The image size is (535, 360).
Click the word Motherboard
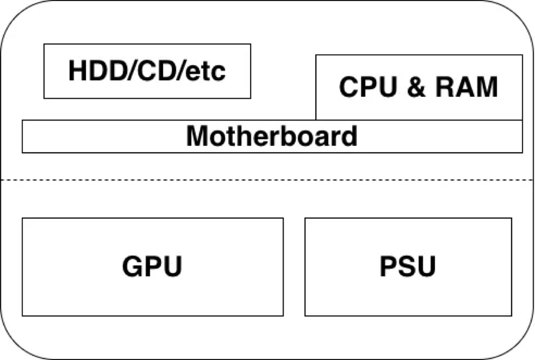coord(272,136)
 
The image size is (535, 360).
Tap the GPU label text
coord(152,266)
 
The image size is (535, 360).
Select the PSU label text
coord(408,266)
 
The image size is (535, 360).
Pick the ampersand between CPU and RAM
coord(416,87)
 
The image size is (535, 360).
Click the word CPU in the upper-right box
coord(368,87)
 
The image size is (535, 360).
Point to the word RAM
coord(467,87)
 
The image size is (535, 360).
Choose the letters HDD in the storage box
coord(98,71)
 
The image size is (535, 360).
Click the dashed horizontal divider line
coord(267,180)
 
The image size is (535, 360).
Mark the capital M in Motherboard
coord(197,136)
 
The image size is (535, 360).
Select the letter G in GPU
coord(132,266)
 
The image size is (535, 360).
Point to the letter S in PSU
coord(407,266)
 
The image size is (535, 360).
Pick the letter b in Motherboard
coord(288,136)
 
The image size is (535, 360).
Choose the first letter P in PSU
coord(389,266)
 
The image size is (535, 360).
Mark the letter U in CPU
coord(388,87)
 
